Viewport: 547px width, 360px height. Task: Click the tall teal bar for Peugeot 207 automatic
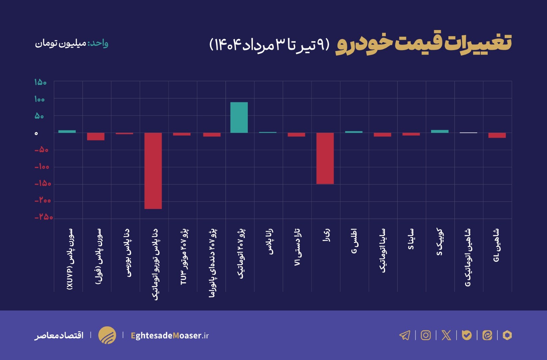[x=239, y=117]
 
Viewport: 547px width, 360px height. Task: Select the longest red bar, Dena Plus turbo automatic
[x=153, y=171]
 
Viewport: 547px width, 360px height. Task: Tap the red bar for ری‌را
[x=325, y=158]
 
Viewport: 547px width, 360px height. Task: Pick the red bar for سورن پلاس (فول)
[x=96, y=136]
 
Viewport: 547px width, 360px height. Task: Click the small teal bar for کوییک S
[x=439, y=131]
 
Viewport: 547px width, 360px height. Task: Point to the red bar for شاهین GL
[x=497, y=135]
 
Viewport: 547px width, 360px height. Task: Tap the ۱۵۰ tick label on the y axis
[x=40, y=82]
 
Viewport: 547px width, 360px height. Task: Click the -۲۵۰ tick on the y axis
[x=44, y=217]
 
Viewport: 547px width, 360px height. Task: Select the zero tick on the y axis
[x=36, y=133]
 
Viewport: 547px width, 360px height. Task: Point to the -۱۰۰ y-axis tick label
[x=42, y=167]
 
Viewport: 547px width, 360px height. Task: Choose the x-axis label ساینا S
[x=411, y=239]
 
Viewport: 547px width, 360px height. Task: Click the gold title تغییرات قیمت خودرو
[x=424, y=43]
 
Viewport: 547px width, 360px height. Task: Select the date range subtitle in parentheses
[x=269, y=44]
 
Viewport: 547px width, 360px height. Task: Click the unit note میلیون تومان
[x=61, y=43]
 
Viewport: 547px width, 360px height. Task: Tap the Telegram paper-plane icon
[x=405, y=335]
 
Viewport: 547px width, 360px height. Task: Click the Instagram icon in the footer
[x=425, y=335]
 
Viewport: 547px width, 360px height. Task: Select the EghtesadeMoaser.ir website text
[x=170, y=335]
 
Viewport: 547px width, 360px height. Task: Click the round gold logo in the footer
[x=107, y=335]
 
